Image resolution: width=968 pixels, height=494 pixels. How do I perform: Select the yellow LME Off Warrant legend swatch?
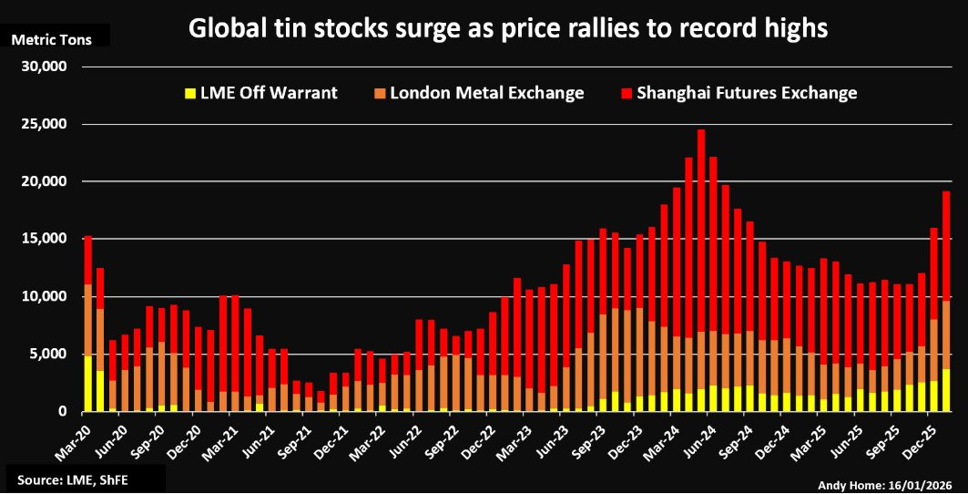[190, 93]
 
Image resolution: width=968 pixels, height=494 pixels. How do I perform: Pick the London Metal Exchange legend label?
[487, 93]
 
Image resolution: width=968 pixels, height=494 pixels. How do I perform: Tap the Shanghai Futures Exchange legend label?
[747, 93]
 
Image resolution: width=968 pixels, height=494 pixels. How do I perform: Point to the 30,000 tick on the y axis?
[45, 67]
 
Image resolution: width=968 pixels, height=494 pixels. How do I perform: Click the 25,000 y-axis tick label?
[45, 124]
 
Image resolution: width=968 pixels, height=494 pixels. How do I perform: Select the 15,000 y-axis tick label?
[45, 239]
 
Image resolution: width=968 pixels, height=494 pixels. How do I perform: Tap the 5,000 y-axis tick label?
[48, 354]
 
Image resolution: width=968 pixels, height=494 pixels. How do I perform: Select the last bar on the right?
[946, 301]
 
